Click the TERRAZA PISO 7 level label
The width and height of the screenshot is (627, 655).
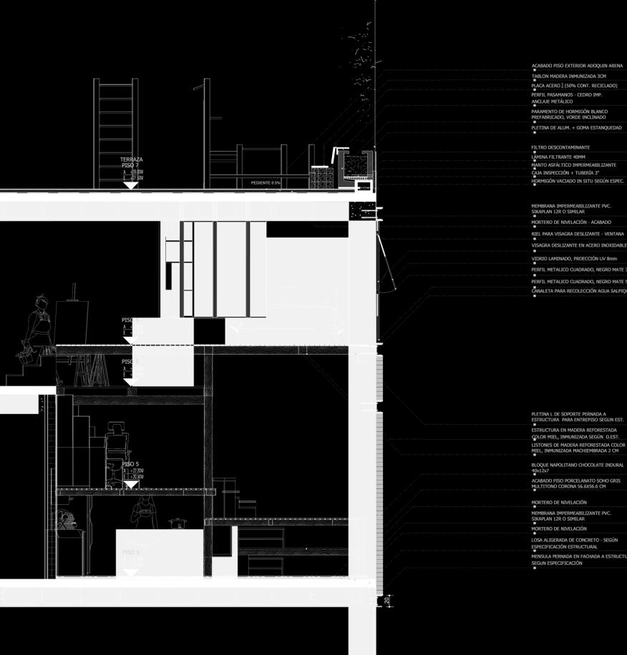131,162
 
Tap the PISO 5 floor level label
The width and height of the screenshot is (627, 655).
130,464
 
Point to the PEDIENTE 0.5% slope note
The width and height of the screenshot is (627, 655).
266,183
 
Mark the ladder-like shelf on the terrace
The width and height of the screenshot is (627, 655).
115,132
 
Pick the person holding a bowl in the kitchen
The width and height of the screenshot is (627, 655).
145,511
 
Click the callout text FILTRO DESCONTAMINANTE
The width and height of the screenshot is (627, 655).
560,147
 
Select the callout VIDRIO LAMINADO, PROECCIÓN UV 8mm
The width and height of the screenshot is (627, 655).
574,258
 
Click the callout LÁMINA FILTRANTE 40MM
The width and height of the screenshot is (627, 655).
558,157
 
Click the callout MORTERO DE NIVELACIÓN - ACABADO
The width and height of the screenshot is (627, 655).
571,222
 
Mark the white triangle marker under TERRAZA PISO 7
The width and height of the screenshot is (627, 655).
130,185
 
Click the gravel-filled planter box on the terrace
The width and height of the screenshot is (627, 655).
354,166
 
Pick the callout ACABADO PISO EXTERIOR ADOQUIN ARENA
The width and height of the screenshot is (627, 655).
577,66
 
